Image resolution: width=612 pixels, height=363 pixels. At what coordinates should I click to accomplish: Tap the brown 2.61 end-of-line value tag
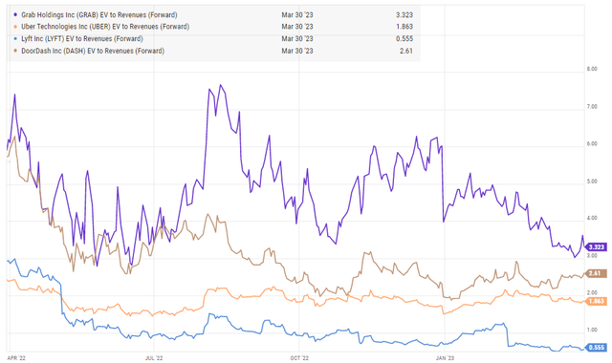(x=593, y=274)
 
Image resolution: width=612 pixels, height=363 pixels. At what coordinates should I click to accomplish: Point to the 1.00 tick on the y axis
(x=592, y=331)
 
